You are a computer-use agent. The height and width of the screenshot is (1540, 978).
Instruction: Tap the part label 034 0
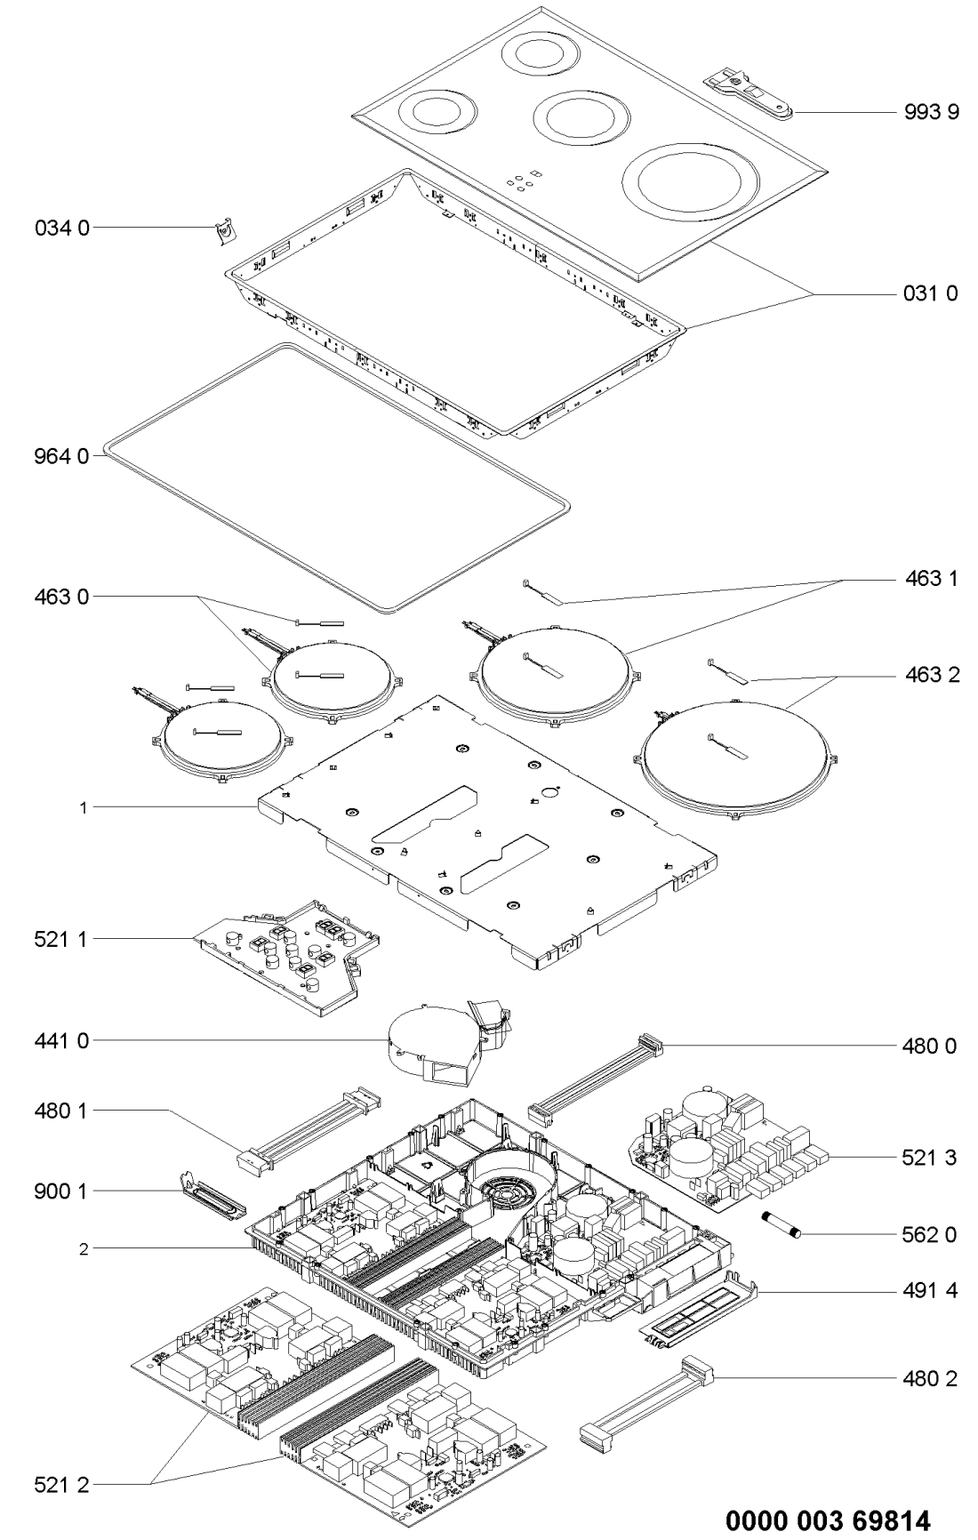pos(62,228)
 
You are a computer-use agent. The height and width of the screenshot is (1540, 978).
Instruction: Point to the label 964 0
pos(62,456)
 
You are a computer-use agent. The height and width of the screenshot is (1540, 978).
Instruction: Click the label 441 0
pos(62,1040)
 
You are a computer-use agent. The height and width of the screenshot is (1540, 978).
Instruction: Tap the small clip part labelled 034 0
pos(226,230)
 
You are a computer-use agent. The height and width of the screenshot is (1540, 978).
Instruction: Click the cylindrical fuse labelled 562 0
pos(782,1223)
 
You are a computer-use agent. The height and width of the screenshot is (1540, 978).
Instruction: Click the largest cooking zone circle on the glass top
pos(690,184)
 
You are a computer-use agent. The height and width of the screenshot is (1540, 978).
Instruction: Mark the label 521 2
pos(62,1484)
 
